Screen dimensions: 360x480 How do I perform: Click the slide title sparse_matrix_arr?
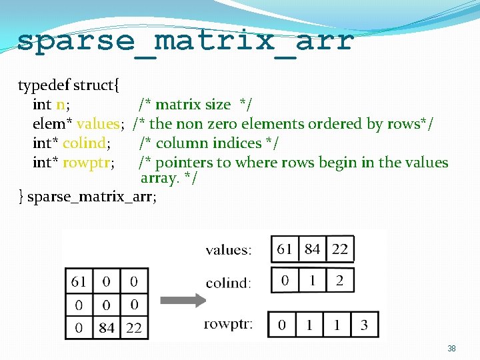click(x=185, y=42)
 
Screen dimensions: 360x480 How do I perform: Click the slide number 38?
click(x=451, y=349)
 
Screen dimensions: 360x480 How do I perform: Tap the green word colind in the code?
click(x=85, y=143)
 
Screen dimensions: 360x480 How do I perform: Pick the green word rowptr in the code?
click(x=88, y=163)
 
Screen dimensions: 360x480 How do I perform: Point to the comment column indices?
click(x=209, y=143)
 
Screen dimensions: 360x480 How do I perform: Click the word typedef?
click(x=44, y=85)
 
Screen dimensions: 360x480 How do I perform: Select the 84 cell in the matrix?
click(x=107, y=327)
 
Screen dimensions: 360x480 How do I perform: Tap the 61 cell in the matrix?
click(x=79, y=281)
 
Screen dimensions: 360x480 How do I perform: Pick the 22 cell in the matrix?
click(x=134, y=327)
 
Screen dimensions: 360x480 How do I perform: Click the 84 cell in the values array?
click(x=312, y=249)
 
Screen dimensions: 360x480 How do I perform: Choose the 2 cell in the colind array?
click(x=339, y=280)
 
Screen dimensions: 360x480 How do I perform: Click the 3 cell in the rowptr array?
click(x=364, y=325)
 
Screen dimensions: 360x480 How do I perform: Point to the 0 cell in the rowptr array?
click(x=281, y=325)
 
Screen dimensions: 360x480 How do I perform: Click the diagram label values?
click(x=229, y=250)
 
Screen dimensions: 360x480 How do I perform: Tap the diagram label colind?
click(x=229, y=283)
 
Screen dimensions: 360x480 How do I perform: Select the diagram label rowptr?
click(x=229, y=325)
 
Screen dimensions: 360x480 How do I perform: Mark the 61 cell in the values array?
click(x=285, y=249)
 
